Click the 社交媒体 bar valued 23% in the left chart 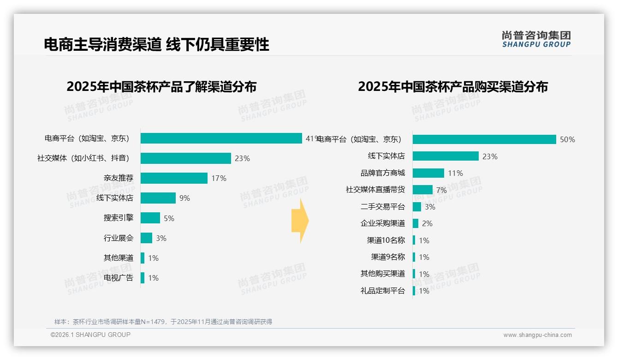(x=185, y=158)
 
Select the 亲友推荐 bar (x=174, y=178)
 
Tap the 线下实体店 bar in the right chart (x=446, y=156)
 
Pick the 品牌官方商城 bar (x=428, y=173)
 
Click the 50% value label (x=567, y=139)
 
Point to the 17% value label (x=219, y=178)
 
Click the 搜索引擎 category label (x=118, y=218)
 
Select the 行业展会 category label (x=118, y=238)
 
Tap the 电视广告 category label (x=118, y=278)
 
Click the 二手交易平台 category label (x=382, y=207)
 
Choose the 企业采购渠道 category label (x=382, y=223)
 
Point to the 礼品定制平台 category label (x=382, y=291)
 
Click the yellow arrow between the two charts (x=300, y=221)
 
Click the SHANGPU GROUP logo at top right (x=536, y=39)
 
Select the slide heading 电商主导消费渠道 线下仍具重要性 (x=156, y=44)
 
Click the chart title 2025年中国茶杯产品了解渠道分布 (x=161, y=87)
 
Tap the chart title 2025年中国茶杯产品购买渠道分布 (x=452, y=87)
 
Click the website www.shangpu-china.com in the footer (x=537, y=335)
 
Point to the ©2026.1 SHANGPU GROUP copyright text (x=90, y=335)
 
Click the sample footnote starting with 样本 (x=163, y=322)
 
